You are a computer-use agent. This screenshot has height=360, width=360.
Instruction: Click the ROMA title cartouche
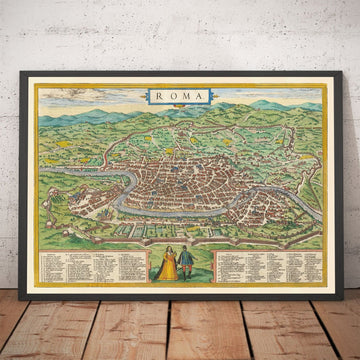(179, 97)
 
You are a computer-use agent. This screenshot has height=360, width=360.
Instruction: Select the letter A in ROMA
(200, 97)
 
